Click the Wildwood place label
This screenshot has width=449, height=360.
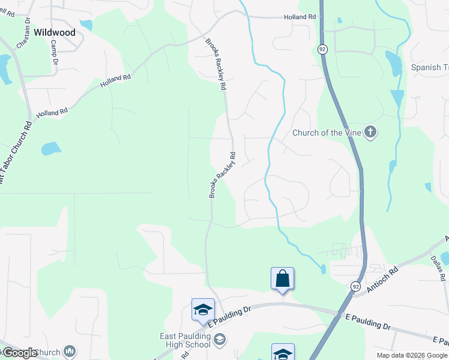point(55,32)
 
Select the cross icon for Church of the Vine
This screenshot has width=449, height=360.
point(370,132)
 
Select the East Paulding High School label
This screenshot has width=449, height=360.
point(186,341)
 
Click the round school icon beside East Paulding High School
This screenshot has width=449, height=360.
point(220,340)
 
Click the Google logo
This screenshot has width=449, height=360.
point(19,353)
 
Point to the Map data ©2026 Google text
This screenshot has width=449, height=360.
point(412,355)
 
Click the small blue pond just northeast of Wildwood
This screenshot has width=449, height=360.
point(86,25)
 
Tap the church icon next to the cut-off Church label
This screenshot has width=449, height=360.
point(70,351)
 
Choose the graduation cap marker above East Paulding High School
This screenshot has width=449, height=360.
point(203,309)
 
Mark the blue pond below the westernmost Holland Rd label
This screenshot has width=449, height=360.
point(51,148)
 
